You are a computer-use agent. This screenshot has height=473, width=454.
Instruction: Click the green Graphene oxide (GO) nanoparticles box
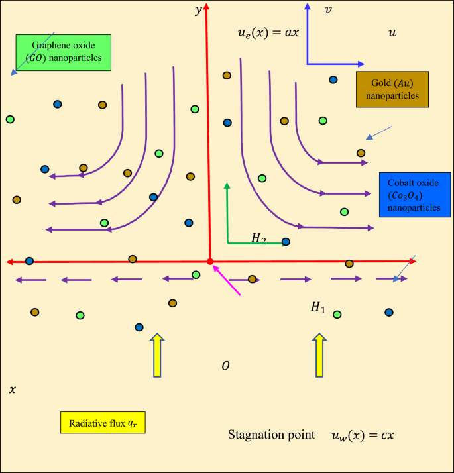(64, 52)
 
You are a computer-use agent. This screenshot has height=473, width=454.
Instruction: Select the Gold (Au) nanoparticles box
(392, 89)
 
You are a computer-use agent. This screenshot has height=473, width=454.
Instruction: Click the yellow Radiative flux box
(103, 423)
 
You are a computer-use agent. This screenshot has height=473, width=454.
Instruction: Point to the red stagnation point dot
(210, 262)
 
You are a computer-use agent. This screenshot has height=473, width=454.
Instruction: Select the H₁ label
(318, 307)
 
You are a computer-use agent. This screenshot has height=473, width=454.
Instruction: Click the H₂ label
(258, 238)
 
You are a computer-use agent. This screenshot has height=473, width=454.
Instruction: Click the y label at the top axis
(198, 10)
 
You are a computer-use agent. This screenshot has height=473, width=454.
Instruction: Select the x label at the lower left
(12, 390)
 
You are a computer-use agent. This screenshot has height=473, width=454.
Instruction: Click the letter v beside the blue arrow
(328, 10)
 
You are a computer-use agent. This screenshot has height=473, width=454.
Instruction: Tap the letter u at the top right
(392, 32)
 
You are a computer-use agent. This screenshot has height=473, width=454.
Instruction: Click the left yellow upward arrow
(157, 356)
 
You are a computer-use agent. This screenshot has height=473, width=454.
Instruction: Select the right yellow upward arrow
(319, 356)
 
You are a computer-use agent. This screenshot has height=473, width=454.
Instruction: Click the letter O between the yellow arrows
(225, 366)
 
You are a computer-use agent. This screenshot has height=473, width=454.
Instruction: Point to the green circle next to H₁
(337, 315)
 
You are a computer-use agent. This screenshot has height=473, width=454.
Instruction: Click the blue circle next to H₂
(286, 242)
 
